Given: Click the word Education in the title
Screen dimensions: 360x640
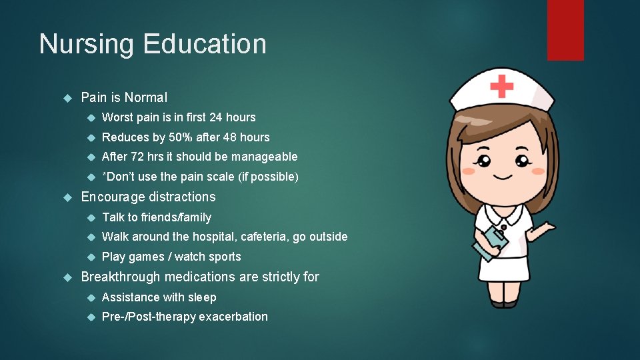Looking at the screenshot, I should (x=205, y=44).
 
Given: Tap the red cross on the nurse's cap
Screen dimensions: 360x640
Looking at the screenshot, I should (x=501, y=86).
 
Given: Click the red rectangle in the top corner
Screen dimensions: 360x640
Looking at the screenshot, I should (x=565, y=30).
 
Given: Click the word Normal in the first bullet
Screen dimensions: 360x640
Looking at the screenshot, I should (x=145, y=97).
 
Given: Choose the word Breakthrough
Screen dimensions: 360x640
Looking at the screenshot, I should (x=121, y=277).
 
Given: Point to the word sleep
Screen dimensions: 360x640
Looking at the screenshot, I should (x=202, y=297).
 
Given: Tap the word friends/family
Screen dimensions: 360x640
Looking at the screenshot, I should (x=176, y=217).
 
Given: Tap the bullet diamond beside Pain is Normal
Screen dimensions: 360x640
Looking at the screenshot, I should (x=66, y=97).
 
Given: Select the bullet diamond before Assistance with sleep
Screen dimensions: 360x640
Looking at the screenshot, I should (x=91, y=297).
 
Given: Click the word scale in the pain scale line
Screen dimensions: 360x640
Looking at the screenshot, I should (x=220, y=177).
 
